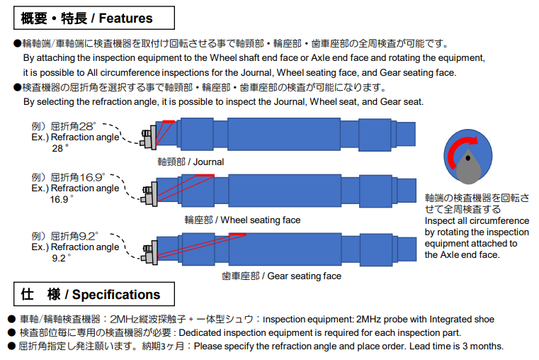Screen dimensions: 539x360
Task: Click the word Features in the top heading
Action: coord(126,18)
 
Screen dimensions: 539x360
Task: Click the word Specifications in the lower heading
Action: coord(116,295)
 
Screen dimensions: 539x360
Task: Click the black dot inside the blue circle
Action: coord(468,158)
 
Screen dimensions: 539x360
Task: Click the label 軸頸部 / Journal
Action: coord(191,162)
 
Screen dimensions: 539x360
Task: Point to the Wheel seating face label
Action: coord(242,220)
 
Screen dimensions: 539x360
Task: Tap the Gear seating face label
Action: coord(281,276)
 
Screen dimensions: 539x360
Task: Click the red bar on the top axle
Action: coord(169,121)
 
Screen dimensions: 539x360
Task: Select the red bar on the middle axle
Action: coord(205,176)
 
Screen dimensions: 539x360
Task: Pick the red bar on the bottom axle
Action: coord(238,235)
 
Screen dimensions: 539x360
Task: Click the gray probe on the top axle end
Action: coord(149,137)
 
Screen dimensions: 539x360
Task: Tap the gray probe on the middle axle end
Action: coord(150,194)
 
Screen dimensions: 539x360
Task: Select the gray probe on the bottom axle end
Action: coord(150,253)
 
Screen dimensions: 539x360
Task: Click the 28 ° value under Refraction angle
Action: coord(60,149)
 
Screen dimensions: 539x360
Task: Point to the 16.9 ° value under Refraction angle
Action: coord(62,199)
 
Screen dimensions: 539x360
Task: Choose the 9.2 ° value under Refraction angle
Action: coord(62,258)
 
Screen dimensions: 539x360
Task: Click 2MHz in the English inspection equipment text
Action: coord(368,320)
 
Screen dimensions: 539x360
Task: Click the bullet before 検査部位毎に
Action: coord(11,333)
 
